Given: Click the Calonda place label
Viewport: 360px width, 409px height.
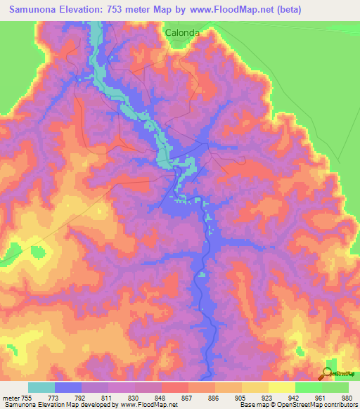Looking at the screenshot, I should click(x=183, y=32).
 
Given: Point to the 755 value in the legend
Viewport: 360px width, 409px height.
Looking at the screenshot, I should click(x=27, y=397).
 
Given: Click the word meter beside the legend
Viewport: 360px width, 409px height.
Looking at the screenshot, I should click(x=10, y=397).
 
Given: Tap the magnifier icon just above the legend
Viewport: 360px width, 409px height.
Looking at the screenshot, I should click(x=328, y=372).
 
